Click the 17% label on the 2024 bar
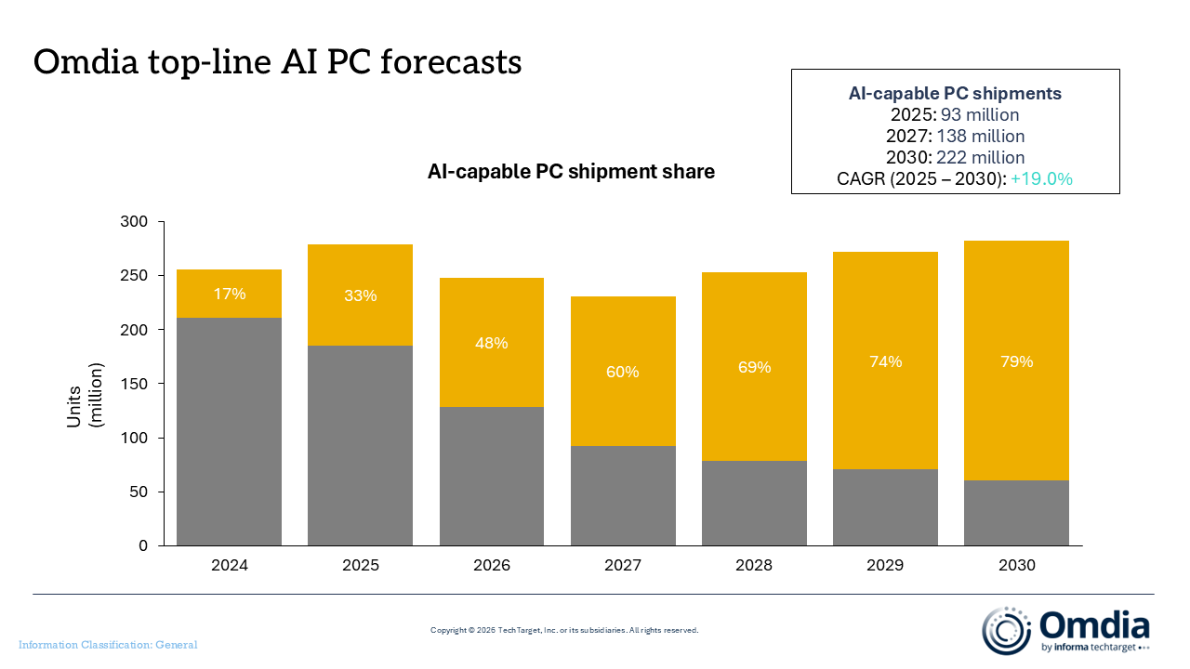click(x=230, y=294)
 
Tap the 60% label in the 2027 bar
click(x=623, y=372)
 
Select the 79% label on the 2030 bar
click(x=1017, y=361)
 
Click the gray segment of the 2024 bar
click(x=229, y=432)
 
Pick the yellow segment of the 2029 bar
click(x=885, y=361)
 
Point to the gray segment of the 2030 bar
click(x=1016, y=513)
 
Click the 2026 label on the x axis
click(x=492, y=565)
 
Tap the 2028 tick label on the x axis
click(x=754, y=565)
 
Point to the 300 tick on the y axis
click(x=134, y=221)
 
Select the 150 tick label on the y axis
click(x=134, y=384)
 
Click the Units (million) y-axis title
click(x=85, y=395)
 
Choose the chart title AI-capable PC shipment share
click(x=571, y=172)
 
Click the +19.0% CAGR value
click(x=1041, y=179)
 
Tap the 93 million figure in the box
click(x=980, y=114)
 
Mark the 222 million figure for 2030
click(x=980, y=157)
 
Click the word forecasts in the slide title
click(x=451, y=61)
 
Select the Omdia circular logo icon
click(x=1006, y=630)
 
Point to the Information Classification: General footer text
click(x=108, y=645)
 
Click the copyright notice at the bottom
click(x=564, y=630)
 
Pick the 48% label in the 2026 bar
click(x=492, y=343)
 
